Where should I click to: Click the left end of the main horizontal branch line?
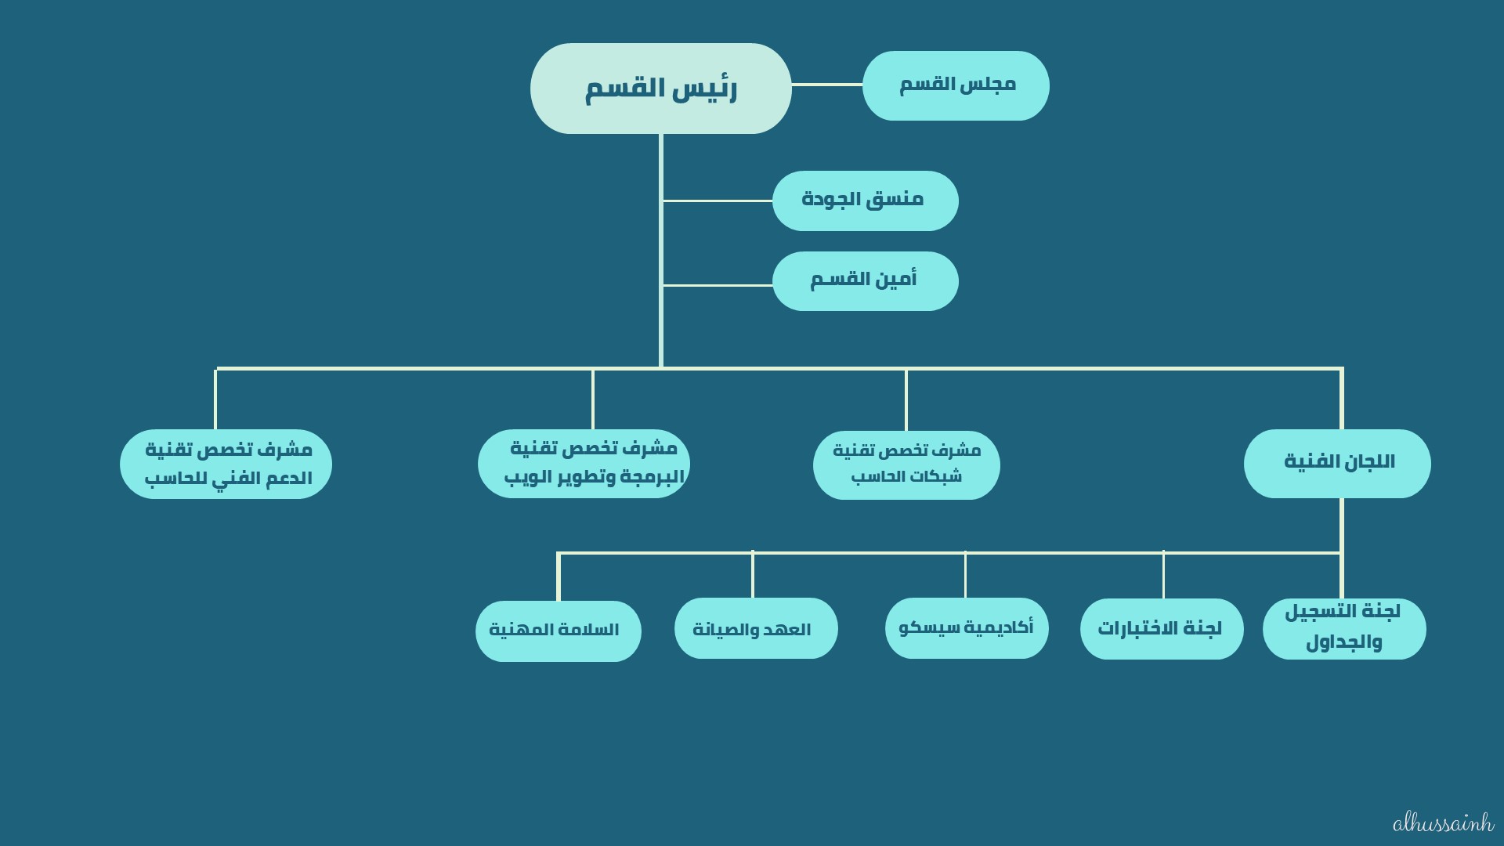tap(216, 368)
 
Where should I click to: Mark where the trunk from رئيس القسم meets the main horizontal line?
tap(661, 368)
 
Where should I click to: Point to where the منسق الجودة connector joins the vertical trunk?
tap(662, 201)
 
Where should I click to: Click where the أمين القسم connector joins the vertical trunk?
tap(662, 285)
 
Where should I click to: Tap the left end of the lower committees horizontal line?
tap(558, 553)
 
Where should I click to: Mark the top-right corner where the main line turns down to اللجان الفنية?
tap(1342, 368)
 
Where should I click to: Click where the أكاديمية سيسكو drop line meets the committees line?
tap(965, 553)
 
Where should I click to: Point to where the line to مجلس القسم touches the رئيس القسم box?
tap(791, 85)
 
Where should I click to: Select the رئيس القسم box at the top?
tap(661, 89)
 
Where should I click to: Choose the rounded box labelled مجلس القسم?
tap(956, 86)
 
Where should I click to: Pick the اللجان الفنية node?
tap(1337, 464)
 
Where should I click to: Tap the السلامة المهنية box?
tap(559, 631)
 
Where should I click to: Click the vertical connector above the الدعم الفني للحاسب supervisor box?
tap(215, 399)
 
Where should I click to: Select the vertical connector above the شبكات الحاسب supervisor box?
tap(906, 399)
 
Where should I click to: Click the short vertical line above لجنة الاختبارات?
tap(1163, 575)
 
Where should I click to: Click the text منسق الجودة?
tap(862, 199)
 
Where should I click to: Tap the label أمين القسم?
tap(863, 279)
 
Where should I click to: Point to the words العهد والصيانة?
tap(752, 629)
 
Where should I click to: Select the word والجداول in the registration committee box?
tap(1344, 642)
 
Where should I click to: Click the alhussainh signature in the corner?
tap(1444, 823)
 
